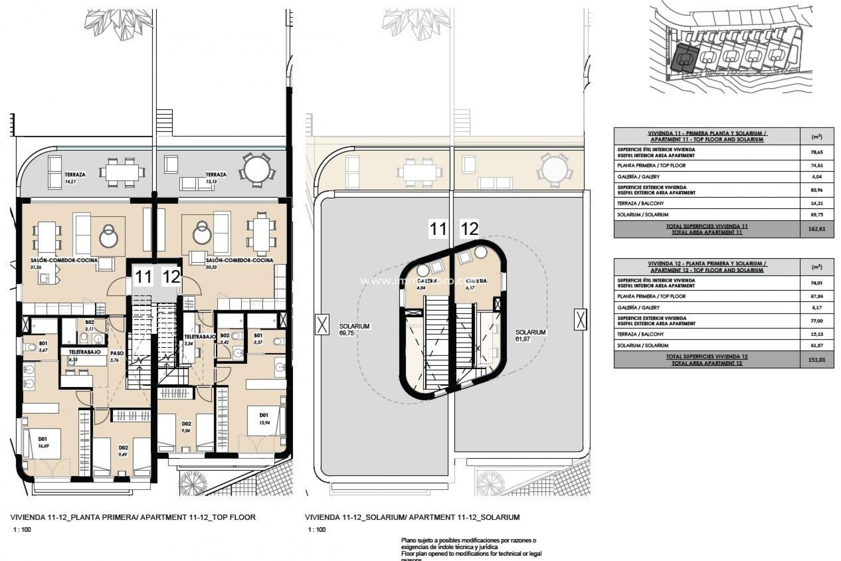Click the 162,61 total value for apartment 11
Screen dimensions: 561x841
point(816,229)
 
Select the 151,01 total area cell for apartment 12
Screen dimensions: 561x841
point(816,360)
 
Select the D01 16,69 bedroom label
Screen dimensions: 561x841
point(42,442)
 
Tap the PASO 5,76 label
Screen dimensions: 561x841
point(115,356)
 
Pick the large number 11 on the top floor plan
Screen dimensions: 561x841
point(143,277)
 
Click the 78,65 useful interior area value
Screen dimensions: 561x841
point(816,152)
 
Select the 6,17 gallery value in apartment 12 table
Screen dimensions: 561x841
point(816,308)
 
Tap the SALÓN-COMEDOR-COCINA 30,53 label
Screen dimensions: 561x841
point(239,263)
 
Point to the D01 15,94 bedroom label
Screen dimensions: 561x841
point(264,419)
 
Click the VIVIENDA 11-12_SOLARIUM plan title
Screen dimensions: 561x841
point(412,517)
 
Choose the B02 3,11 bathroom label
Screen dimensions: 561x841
point(89,325)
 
